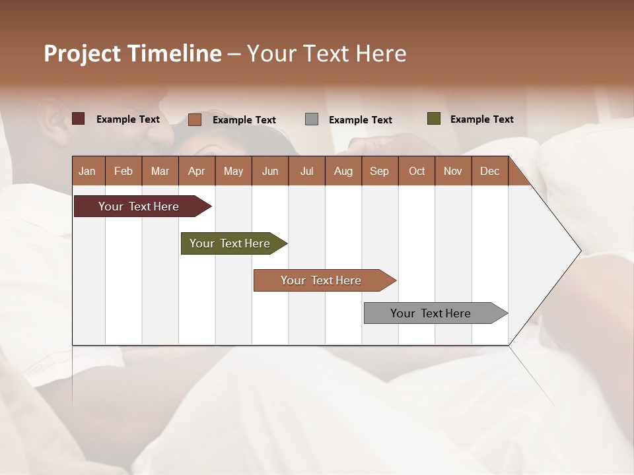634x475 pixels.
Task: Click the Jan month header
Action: click(87, 171)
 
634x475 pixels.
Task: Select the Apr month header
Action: click(196, 171)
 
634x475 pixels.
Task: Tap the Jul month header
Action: click(306, 171)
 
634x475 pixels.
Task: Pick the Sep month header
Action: click(379, 171)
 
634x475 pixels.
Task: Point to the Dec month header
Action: click(489, 171)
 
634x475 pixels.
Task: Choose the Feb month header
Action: click(123, 171)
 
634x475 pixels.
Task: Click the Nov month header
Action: click(452, 171)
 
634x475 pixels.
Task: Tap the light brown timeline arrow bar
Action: click(322, 280)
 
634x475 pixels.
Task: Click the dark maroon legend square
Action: click(78, 119)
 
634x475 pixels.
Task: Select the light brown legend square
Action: click(194, 119)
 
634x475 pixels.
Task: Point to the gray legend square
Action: click(312, 119)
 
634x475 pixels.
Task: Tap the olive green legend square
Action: click(433, 119)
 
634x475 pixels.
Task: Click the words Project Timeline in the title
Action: click(132, 53)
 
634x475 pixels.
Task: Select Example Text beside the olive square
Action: click(481, 119)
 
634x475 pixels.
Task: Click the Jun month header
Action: click(269, 171)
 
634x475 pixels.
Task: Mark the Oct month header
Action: click(417, 171)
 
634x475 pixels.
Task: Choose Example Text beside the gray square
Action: click(360, 120)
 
